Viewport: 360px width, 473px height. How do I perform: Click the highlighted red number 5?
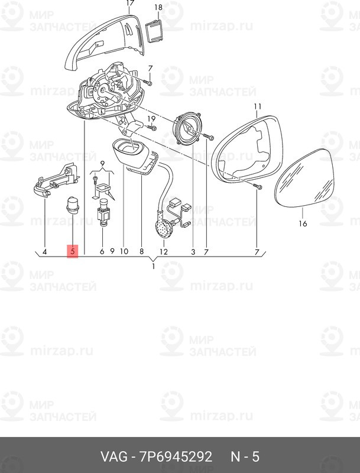72,252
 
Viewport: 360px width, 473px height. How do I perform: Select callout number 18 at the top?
158,7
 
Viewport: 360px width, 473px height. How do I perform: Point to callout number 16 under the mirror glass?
303,224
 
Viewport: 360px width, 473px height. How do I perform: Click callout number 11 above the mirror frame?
257,107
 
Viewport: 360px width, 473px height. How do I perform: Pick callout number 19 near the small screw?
151,118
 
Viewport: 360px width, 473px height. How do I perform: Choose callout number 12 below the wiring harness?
164,252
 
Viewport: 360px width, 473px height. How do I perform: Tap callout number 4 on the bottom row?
44,252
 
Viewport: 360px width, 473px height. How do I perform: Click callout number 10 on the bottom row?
124,252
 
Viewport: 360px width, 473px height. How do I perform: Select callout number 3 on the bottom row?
193,252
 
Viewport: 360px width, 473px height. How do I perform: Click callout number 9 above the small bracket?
102,163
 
